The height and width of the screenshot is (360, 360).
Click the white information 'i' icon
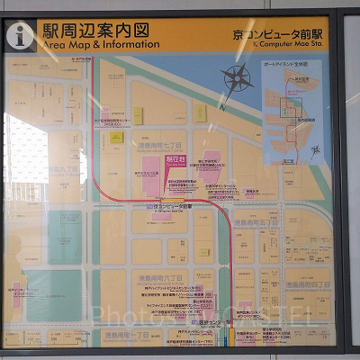coord(20,35)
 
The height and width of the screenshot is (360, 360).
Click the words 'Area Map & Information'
coord(94,43)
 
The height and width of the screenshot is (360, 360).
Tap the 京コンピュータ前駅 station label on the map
coord(171,206)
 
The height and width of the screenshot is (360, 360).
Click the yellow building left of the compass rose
coord(200,113)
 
